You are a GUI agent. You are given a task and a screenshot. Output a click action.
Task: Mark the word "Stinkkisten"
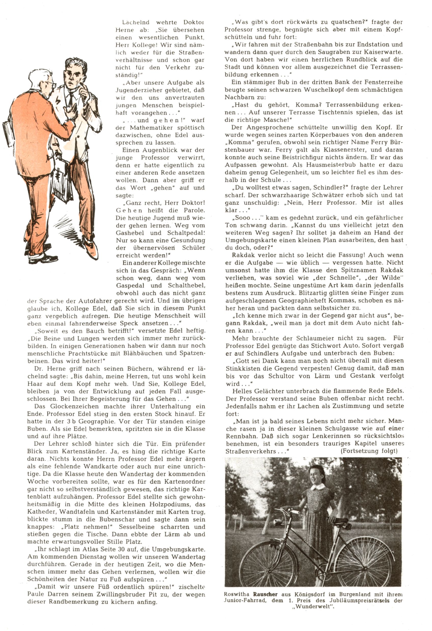tap(242, 368)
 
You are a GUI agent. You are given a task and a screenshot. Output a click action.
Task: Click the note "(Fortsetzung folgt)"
tap(369, 451)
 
